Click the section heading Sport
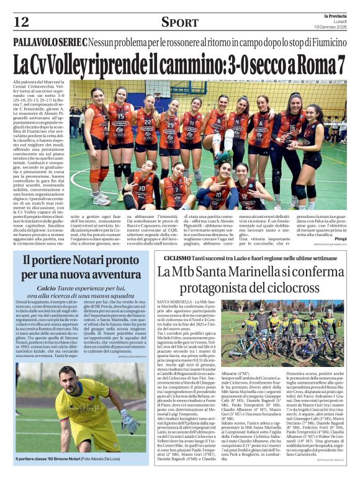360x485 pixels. [179, 23]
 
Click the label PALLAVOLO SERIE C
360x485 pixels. [50, 43]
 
